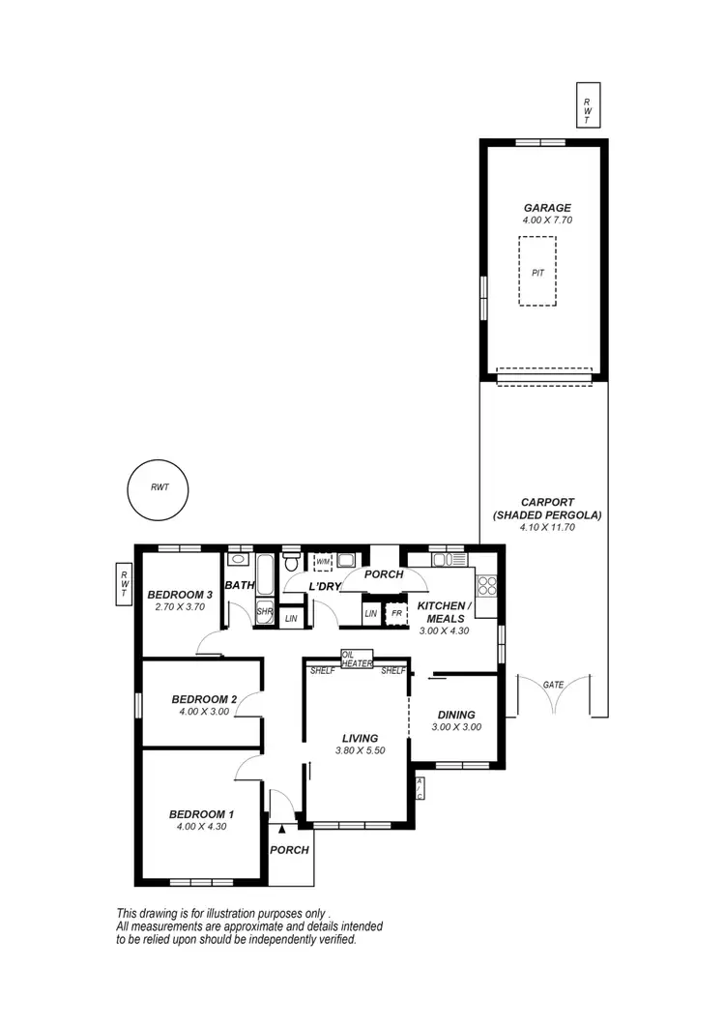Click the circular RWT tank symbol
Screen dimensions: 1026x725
click(159, 488)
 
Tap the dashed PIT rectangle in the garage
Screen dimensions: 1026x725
click(537, 273)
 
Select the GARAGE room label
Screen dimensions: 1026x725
click(547, 207)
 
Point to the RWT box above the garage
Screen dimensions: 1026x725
click(586, 106)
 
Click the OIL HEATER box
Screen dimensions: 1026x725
click(356, 659)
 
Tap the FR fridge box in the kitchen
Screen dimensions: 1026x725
click(396, 613)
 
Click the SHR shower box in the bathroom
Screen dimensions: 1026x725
click(264, 612)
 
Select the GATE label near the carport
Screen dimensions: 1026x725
click(553, 685)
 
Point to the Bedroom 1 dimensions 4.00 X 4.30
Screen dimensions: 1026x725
click(202, 827)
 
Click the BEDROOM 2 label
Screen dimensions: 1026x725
click(204, 699)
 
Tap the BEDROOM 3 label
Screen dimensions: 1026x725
click(180, 595)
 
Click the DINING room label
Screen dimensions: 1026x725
click(454, 715)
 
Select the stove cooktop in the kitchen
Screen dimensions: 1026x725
click(487, 586)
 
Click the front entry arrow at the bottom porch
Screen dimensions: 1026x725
click(281, 828)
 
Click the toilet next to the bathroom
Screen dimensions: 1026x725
click(291, 563)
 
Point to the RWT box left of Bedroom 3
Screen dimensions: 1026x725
click(124, 585)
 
